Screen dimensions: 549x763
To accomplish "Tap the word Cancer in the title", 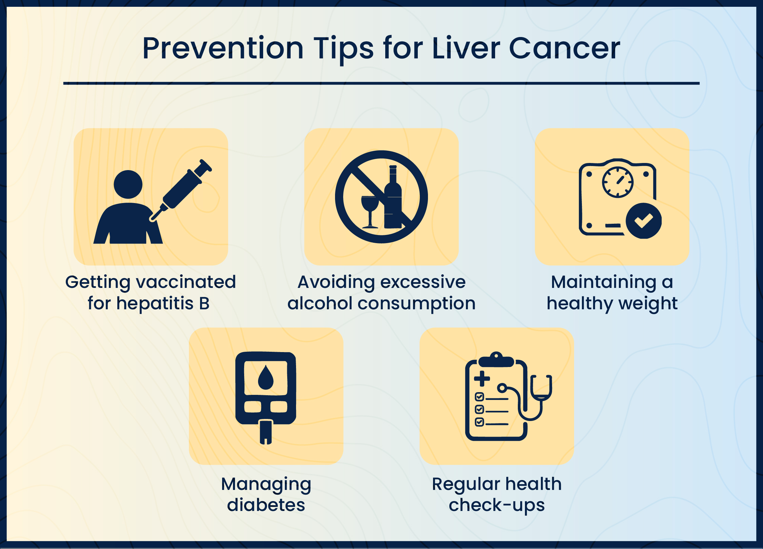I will pos(565,48).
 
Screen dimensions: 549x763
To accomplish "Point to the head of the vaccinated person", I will pos(128,184).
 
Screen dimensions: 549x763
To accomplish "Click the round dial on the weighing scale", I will pos(618,182).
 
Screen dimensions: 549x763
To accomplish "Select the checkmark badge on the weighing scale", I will pos(643,221).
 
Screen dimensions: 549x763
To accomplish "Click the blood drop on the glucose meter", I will pos(266,378).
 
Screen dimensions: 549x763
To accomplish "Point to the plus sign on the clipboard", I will pos(482,378).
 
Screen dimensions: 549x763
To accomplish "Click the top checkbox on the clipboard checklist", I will pos(479,397).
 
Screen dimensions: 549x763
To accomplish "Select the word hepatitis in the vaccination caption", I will pos(155,303).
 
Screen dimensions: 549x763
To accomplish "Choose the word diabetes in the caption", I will pos(266,505).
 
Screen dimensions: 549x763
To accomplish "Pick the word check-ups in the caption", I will pos(496,505).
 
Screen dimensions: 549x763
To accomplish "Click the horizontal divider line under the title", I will pos(381,83).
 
